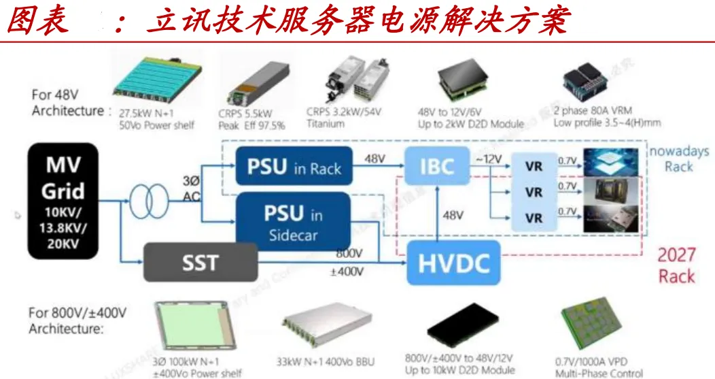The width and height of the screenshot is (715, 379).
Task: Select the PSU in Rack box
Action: [x=294, y=166]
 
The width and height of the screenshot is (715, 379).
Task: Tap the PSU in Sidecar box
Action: [x=294, y=223]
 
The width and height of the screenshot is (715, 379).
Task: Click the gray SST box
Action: [x=200, y=262]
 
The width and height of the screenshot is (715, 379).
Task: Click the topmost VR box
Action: [x=534, y=167]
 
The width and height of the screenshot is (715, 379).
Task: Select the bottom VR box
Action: [x=534, y=217]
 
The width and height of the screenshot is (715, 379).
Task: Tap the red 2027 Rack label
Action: [x=676, y=265]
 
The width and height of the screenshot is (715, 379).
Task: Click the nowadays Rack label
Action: [x=678, y=159]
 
